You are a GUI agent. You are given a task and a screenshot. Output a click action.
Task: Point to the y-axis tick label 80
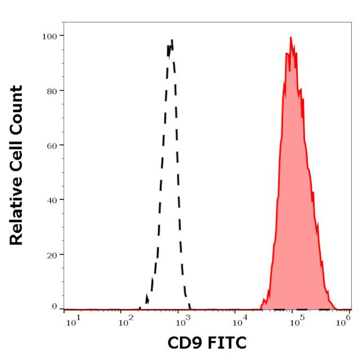coord(51,90)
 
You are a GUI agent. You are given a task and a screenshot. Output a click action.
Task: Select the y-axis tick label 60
coord(51,145)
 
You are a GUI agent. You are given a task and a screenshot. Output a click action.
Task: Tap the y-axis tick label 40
coord(51,200)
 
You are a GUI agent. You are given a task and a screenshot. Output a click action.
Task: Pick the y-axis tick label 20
coord(51,255)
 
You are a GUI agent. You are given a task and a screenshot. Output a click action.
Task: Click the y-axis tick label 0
coord(54,306)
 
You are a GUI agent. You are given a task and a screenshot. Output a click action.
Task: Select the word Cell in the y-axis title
coord(16,146)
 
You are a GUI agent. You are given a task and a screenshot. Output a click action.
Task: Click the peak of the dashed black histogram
coord(172,41)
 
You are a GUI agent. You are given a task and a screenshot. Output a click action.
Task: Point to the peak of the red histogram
coord(291,38)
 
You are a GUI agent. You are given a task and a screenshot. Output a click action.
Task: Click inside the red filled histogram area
coord(293,195)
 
